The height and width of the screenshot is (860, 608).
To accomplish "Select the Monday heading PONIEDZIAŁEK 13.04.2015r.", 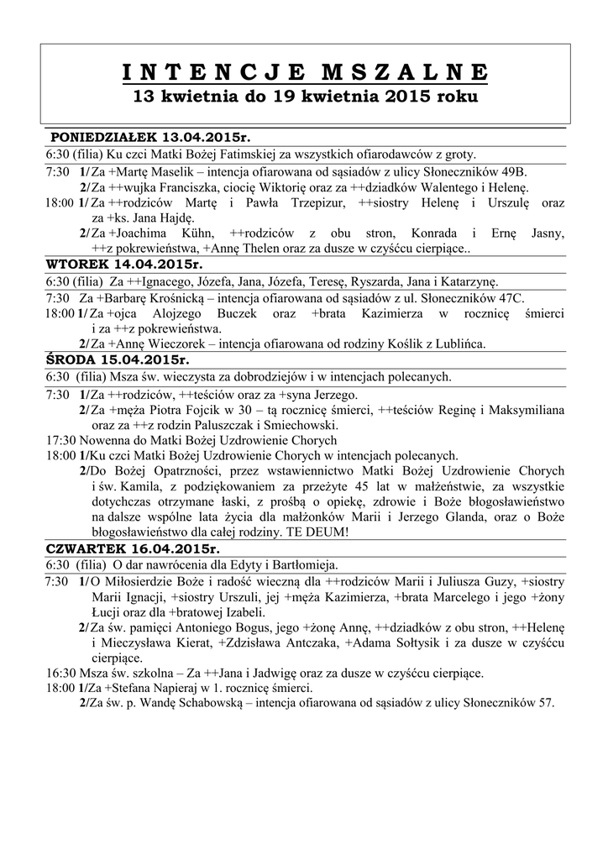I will pyautogui.click(x=151, y=136).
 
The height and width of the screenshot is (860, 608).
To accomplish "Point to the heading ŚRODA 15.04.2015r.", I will pyautogui.click(x=118, y=359).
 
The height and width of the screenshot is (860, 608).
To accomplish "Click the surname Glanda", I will pyautogui.click(x=479, y=518).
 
